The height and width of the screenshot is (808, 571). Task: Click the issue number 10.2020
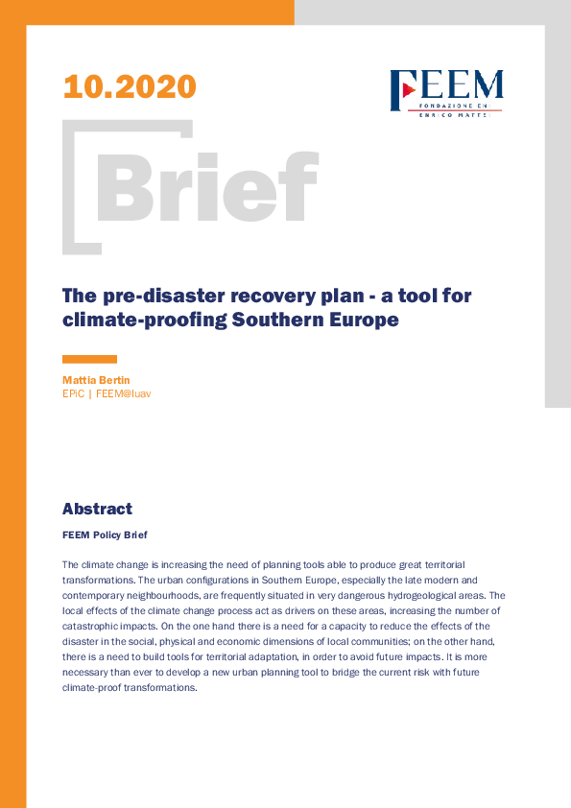pyautogui.click(x=130, y=86)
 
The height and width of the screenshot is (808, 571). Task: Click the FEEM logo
pyautogui.click(x=446, y=93)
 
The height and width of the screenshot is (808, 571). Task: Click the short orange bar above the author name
pyautogui.click(x=89, y=359)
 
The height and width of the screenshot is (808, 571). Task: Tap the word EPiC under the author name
pyautogui.click(x=73, y=393)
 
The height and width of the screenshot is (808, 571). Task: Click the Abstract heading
pyautogui.click(x=97, y=509)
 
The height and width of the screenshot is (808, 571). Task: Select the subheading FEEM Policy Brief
pyautogui.click(x=105, y=535)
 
